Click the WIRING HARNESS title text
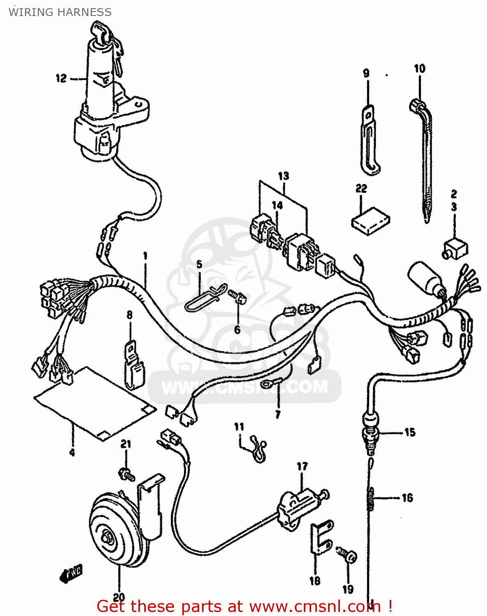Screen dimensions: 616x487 [x=60, y=12]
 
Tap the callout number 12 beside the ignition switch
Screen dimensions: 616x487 [x=61, y=78]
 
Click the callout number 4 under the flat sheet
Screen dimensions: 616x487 [x=72, y=453]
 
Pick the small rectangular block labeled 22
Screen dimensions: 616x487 [x=370, y=221]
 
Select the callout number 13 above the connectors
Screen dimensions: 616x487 [x=283, y=176]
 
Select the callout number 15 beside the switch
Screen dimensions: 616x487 [x=409, y=432]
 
